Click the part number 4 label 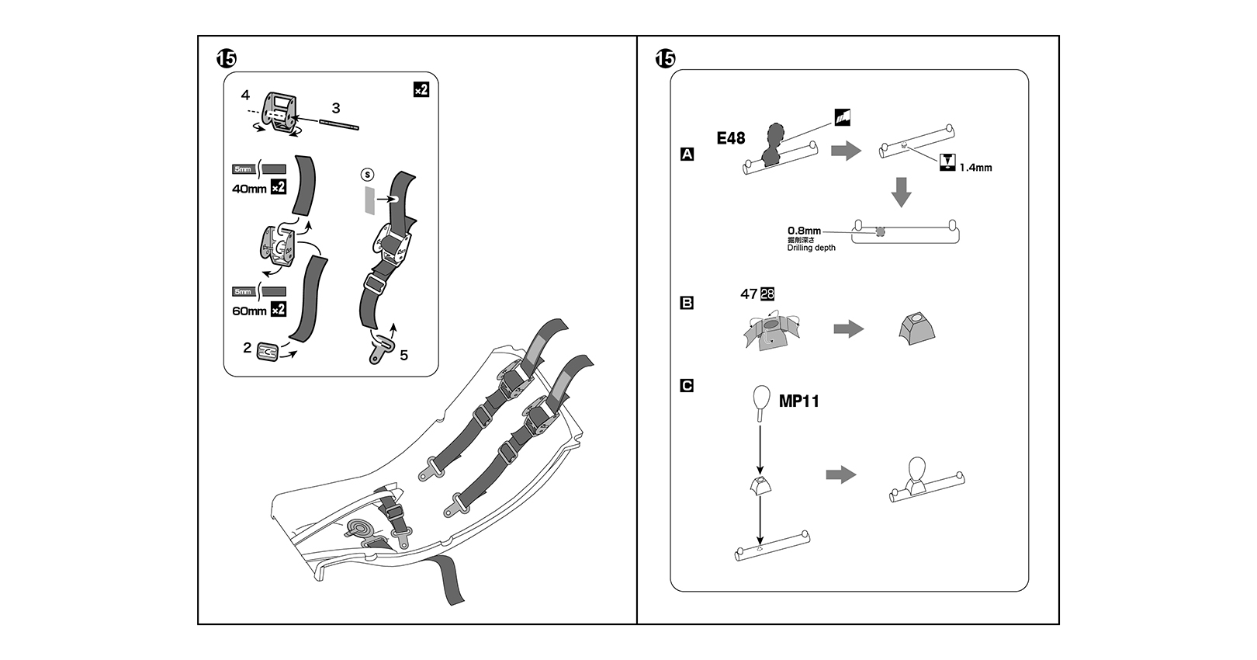tap(245, 96)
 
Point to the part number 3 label tap(335, 109)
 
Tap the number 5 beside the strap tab tap(403, 355)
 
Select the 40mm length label tap(249, 189)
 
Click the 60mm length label tap(249, 311)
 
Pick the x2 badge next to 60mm tap(279, 310)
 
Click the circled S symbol tap(368, 175)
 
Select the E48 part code tap(730, 138)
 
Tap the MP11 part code tap(798, 401)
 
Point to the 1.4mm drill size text tap(975, 168)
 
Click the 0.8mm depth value tap(804, 231)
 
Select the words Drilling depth tap(811, 248)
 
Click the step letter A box tap(687, 155)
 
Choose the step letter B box tap(687, 303)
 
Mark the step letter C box tap(687, 386)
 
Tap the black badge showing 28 tap(767, 294)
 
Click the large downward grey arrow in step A tap(901, 192)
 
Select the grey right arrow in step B tap(849, 329)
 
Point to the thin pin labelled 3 tap(339, 125)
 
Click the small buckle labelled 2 tap(267, 351)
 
